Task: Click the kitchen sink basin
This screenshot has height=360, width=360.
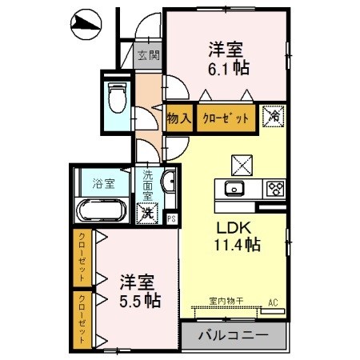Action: pos(234,190)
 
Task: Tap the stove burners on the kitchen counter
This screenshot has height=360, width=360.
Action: pos(276,190)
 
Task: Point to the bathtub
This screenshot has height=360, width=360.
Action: pos(101,212)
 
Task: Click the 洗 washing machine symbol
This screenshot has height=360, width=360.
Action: pos(146,214)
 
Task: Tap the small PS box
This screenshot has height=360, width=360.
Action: pos(170,218)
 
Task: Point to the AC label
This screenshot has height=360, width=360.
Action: pos(272,302)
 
